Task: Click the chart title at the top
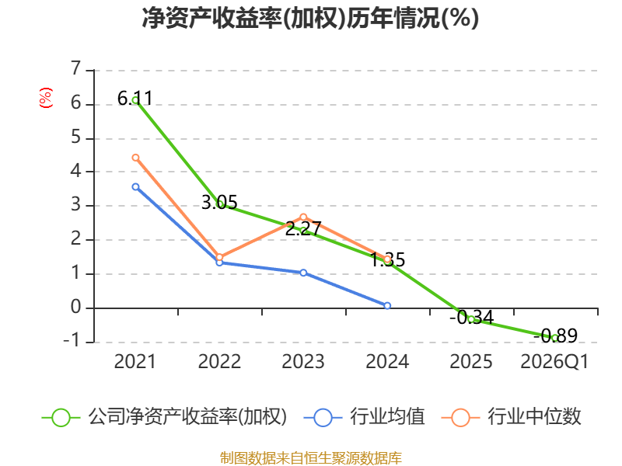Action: coord(310,18)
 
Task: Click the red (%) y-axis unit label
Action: coord(46,98)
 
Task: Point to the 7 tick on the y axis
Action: coord(75,68)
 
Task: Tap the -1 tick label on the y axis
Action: coord(72,340)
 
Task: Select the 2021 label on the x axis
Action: coord(135,361)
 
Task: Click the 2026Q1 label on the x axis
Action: coord(554,361)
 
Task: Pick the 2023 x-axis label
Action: coord(303,361)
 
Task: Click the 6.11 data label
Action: coord(135,98)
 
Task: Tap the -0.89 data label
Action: coord(555,336)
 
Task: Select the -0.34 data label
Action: coord(472,318)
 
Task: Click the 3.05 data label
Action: coord(219,203)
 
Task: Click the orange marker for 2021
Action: coord(135,158)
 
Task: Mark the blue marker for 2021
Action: coord(135,186)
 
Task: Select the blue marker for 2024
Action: coord(387,305)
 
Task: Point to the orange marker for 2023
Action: coord(303,217)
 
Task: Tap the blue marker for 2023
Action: coord(303,273)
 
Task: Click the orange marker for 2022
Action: coord(219,257)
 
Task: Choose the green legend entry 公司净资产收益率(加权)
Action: coord(164,417)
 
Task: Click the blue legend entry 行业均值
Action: coord(364,417)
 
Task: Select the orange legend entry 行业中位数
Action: coord(511,417)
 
